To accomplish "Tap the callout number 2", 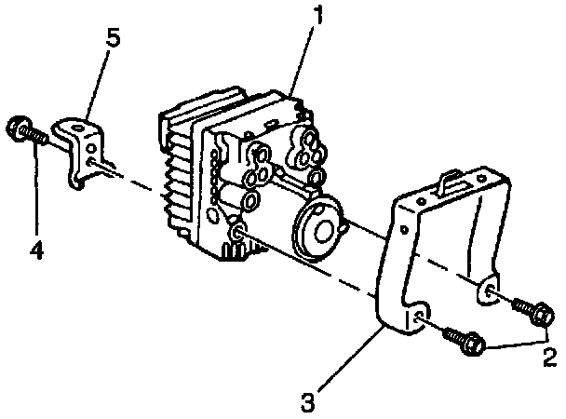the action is (x=549, y=355).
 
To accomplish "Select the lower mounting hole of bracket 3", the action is (x=420, y=321).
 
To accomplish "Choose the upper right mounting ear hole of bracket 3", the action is (x=490, y=294).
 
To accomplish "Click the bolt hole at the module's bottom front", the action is (x=236, y=233).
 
